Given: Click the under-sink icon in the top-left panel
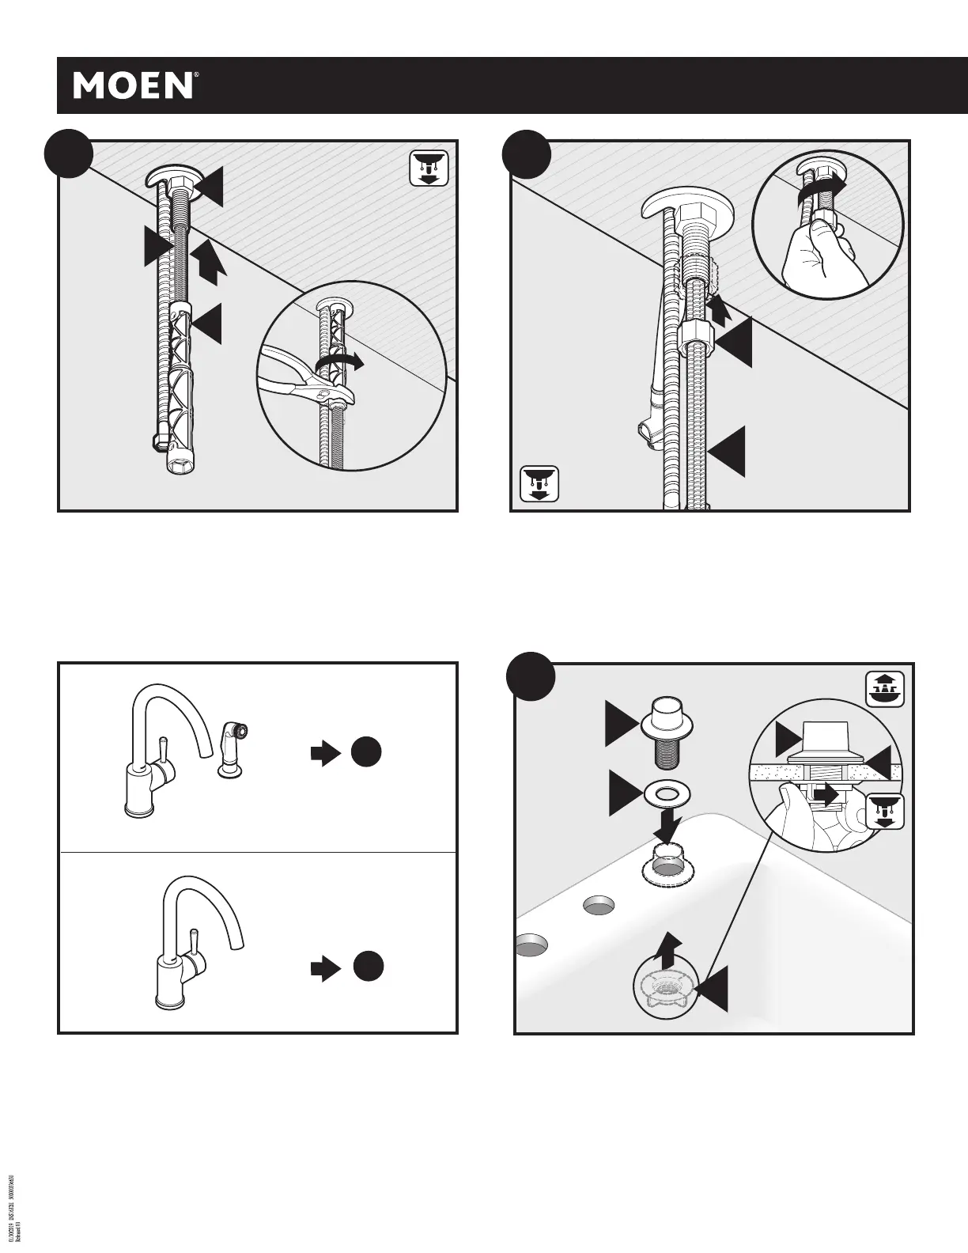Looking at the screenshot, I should (x=429, y=168).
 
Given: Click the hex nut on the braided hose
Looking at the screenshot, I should (x=694, y=342).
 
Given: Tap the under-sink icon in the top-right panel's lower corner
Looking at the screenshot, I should (x=539, y=484).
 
